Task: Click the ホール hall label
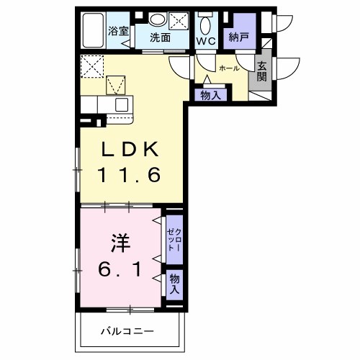coord(229,68)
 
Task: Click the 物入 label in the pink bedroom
coord(174,283)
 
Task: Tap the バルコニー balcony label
coord(127,333)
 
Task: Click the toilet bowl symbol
coord(207,24)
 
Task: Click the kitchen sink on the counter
coord(122,105)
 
